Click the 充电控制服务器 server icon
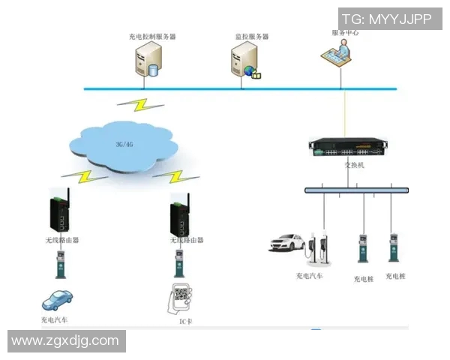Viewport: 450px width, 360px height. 148,61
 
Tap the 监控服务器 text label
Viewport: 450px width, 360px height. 252,36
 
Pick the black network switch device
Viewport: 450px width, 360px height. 353,148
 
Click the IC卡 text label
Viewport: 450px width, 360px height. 178,321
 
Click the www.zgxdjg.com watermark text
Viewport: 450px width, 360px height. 65,340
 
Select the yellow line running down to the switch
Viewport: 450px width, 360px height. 344,112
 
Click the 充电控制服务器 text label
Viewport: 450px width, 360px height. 152,36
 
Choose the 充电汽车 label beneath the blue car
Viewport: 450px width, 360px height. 55,320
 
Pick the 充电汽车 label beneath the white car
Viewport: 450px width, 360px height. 309,275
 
